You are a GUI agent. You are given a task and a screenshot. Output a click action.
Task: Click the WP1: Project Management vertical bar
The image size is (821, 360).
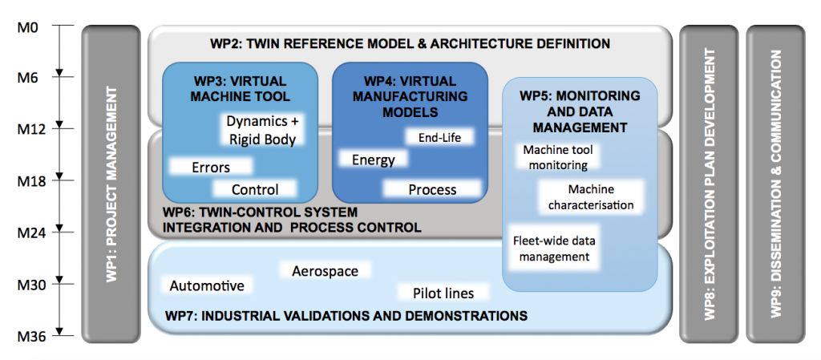[x=111, y=184]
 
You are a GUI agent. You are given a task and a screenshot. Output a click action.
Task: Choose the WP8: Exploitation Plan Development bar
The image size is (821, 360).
[x=709, y=184]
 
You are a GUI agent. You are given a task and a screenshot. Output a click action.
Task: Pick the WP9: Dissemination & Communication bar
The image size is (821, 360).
[x=776, y=184]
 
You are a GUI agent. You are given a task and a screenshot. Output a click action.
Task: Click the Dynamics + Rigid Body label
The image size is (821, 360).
[x=262, y=131]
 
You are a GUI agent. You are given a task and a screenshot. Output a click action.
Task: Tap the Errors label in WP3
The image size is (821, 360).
[x=211, y=168]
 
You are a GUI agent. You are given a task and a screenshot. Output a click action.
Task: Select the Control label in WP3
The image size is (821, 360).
[x=255, y=189]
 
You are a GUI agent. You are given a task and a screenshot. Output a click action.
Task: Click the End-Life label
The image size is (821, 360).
[x=439, y=138]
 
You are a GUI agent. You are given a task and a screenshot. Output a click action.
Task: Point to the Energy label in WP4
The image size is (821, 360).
[x=374, y=159]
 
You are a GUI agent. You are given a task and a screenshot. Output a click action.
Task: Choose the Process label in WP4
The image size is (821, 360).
[x=432, y=189]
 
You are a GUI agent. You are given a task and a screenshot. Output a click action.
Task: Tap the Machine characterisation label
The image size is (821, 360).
[x=591, y=196]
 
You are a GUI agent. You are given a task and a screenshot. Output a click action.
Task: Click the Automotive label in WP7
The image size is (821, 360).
[x=208, y=285]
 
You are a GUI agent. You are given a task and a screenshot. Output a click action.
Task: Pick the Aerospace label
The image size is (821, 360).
[x=326, y=270]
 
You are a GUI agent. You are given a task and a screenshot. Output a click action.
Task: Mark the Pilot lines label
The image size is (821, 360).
[x=443, y=293]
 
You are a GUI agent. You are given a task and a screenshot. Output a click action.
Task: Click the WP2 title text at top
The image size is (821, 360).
[x=410, y=43]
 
